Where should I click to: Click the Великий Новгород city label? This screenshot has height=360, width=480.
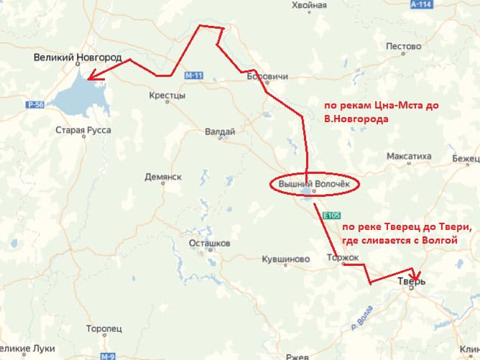click(78, 57)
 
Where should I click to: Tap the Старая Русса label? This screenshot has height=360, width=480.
click(83, 130)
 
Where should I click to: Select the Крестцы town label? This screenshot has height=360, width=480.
click(167, 96)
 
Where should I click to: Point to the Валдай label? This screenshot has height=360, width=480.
click(220, 131)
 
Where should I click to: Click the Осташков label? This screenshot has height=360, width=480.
click(208, 244)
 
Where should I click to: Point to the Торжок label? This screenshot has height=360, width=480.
click(342, 257)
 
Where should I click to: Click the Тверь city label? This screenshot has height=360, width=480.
click(411, 282)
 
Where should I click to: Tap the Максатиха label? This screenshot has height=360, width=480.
click(409, 155)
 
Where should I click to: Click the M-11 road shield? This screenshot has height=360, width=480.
click(193, 75)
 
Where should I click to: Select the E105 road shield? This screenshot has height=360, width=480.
click(331, 215)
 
